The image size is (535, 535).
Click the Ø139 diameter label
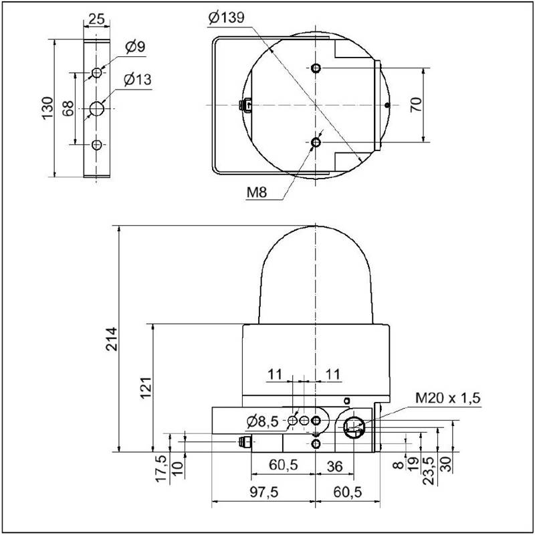pos(226,18)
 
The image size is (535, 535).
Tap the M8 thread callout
pos(257,193)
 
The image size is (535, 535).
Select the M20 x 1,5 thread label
pos(447,398)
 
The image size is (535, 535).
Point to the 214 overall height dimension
pos(112,339)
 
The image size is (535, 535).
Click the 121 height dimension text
pos(146,388)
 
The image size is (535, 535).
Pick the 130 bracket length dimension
pos(47,108)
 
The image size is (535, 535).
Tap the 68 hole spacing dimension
pos(68,108)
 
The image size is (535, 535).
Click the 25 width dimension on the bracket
pos(96,19)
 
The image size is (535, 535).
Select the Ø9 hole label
pos(136,47)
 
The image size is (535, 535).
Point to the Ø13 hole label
pos(138,80)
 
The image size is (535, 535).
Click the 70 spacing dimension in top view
pos(416,105)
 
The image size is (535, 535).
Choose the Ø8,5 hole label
pos(262,422)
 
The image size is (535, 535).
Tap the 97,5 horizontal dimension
pos(264,492)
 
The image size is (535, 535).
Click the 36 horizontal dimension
pos(334,466)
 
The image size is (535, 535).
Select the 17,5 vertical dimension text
pos(163,469)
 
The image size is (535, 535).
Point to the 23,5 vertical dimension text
pos(429,471)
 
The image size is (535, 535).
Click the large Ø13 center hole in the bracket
pos(96,108)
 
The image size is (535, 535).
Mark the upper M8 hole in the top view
pos(316,68)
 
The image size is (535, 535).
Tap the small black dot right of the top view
pos(387,105)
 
